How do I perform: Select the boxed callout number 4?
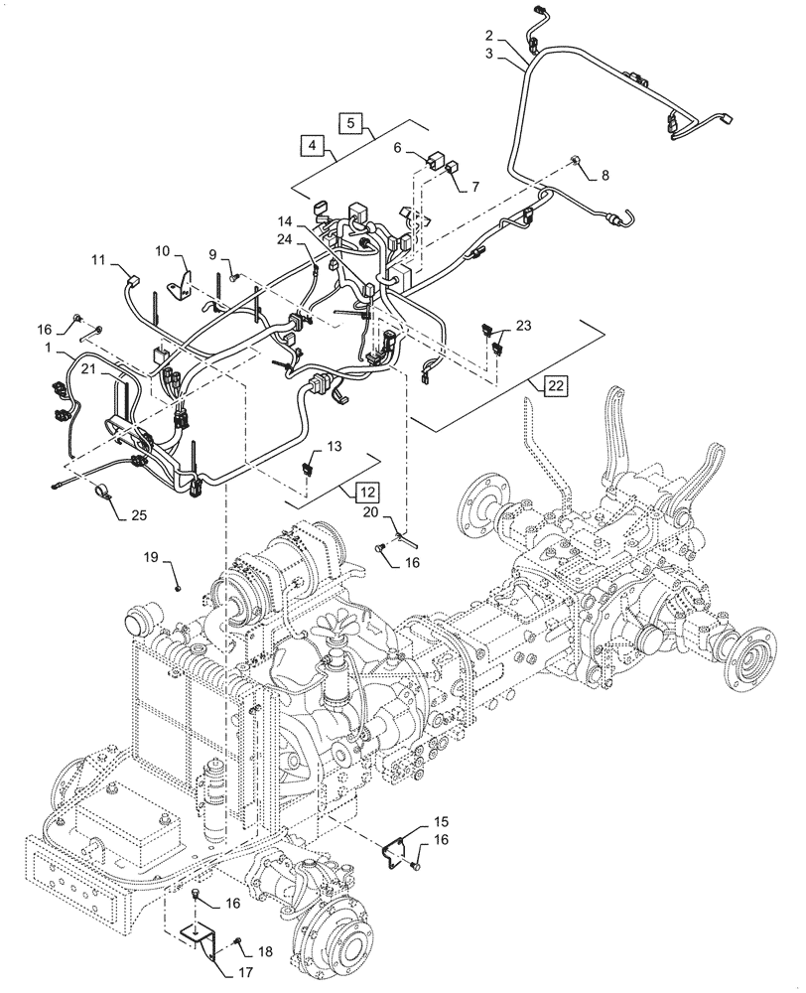tap(312, 145)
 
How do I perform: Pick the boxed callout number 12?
tap(367, 491)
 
